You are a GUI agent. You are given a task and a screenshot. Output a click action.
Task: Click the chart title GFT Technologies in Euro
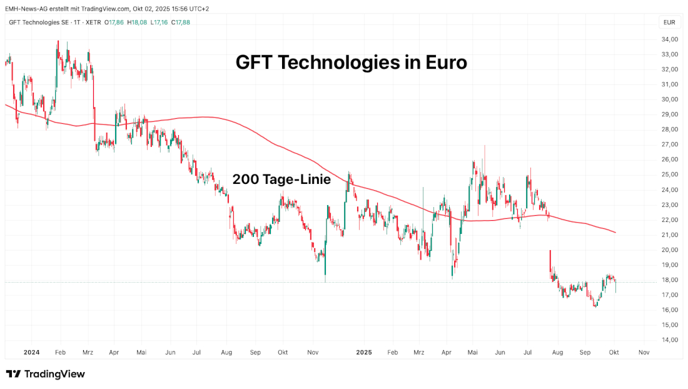351,63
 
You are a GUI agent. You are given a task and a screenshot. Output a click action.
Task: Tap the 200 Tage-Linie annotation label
281,179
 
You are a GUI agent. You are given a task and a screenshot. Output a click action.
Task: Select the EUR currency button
669,23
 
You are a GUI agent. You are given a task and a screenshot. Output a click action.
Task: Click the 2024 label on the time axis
32,352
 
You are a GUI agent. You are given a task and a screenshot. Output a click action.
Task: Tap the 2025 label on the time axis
364,352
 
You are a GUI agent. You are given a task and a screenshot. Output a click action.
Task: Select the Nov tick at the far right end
644,352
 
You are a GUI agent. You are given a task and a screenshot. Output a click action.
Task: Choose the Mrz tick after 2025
418,352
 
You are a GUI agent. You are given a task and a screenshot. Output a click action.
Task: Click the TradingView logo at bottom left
45,374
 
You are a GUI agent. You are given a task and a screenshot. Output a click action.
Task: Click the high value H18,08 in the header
138,23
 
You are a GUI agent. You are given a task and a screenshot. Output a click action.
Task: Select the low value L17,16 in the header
159,23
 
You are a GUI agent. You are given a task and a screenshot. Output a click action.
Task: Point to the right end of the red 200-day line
615,233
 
